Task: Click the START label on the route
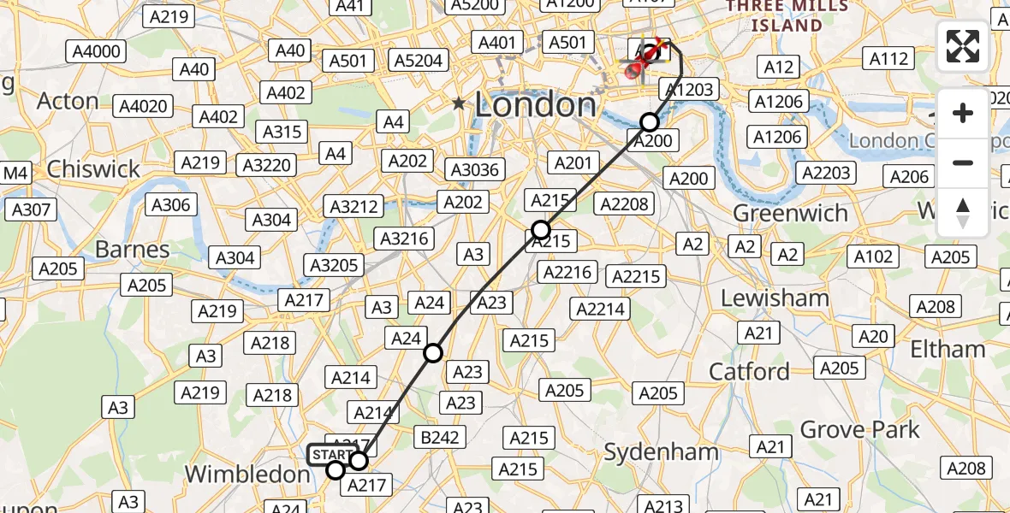tap(332, 454)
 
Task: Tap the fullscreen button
tap(963, 46)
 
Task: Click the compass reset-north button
tap(963, 213)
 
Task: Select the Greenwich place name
tap(791, 213)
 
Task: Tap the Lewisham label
tap(775, 298)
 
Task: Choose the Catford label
tap(749, 372)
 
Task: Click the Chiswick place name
tap(93, 169)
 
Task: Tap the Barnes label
tap(133, 250)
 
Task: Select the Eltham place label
tap(948, 349)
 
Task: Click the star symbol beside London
tap(460, 103)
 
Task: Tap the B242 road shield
tap(440, 438)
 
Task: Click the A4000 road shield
tap(96, 51)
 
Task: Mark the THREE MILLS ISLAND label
tap(787, 15)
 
